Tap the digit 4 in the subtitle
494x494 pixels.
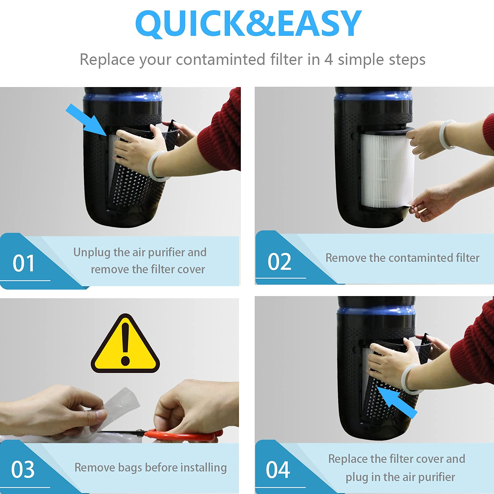[328, 59]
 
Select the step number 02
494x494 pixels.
[279, 262]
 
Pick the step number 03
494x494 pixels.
[23, 470]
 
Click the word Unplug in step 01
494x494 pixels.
[92, 252]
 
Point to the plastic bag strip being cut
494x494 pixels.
[120, 404]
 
